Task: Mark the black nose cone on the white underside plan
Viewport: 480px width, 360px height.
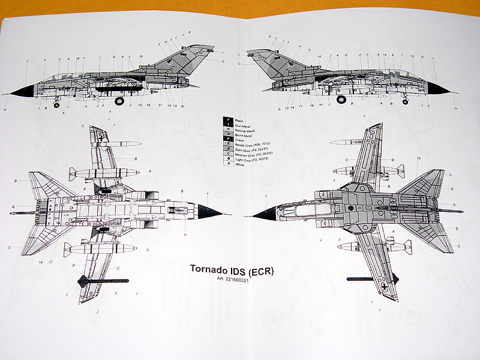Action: [211, 211]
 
